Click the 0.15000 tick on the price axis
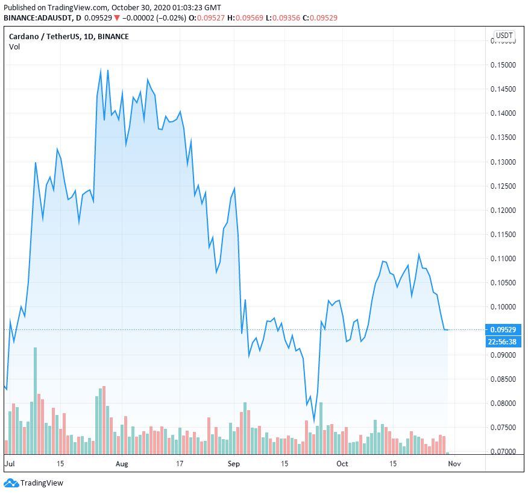[504, 65]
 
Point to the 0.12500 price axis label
[504, 186]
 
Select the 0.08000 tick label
[504, 403]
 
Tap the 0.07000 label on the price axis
[504, 451]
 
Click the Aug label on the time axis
[122, 464]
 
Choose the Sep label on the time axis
[234, 464]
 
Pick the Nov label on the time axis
[455, 464]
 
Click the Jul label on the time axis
[9, 464]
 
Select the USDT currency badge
[504, 36]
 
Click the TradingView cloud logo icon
[10, 483]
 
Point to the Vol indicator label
[14, 47]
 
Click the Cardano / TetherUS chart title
[69, 36]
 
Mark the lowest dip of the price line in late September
[314, 421]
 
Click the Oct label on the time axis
[342, 464]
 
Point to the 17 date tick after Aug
[180, 464]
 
